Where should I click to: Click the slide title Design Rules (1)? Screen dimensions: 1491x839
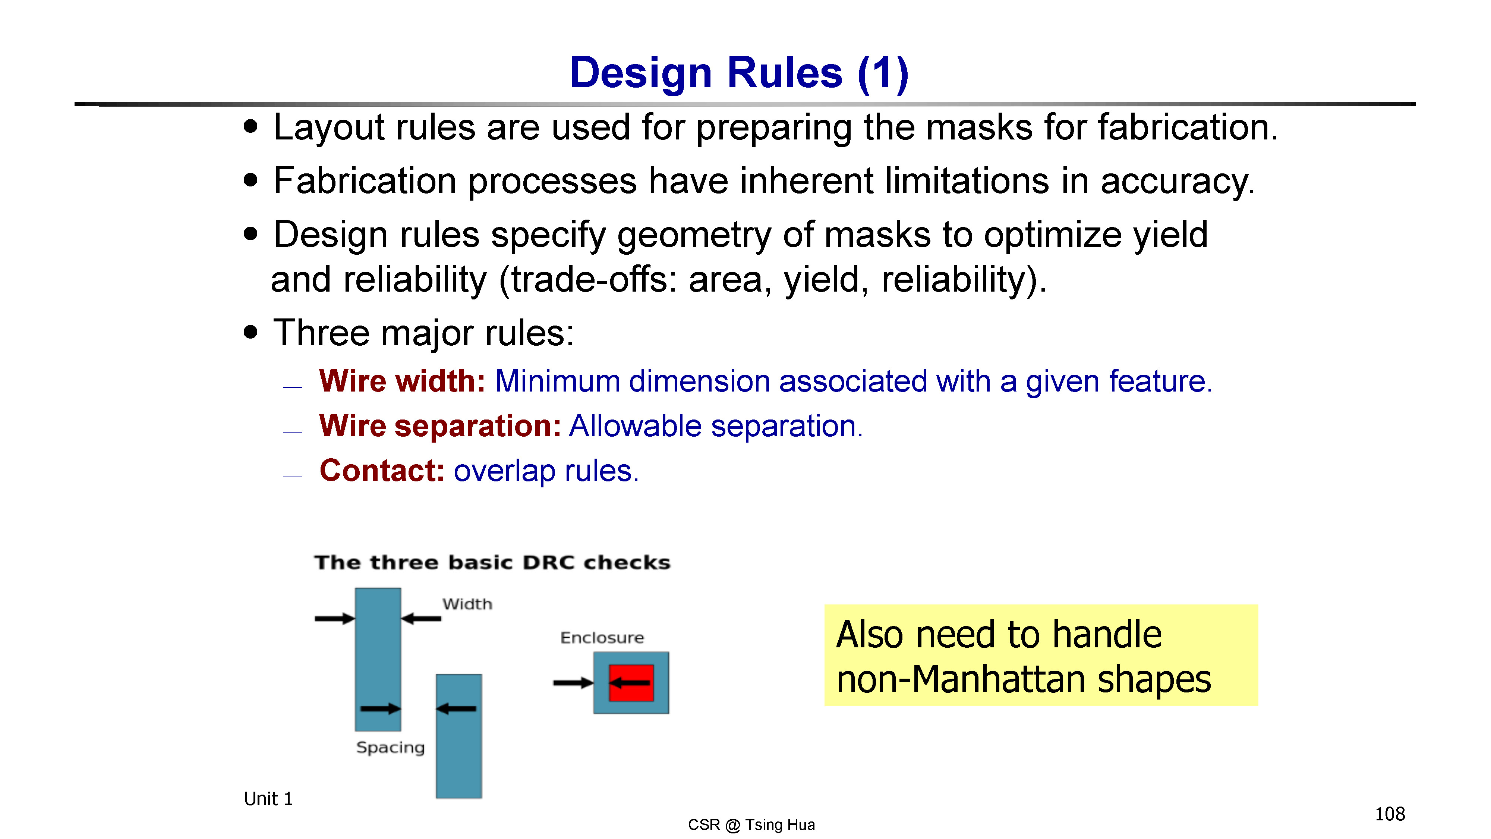pyautogui.click(x=739, y=73)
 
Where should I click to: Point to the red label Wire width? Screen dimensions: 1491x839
pyautogui.click(x=402, y=381)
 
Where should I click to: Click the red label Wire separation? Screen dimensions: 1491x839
pyautogui.click(x=440, y=426)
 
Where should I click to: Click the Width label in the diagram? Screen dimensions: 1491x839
pyautogui.click(x=467, y=604)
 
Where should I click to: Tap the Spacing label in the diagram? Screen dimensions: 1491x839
pyautogui.click(x=390, y=748)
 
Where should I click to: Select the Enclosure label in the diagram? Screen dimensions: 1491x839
pyautogui.click(x=602, y=638)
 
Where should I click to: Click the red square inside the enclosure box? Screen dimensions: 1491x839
pyautogui.click(x=631, y=683)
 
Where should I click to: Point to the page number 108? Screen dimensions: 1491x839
pyautogui.click(x=1390, y=814)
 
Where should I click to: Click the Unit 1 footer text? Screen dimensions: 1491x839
pyautogui.click(x=268, y=799)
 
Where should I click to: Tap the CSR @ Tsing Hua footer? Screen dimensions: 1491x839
pyautogui.click(x=751, y=824)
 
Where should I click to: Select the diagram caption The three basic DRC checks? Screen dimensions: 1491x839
pyautogui.click(x=492, y=562)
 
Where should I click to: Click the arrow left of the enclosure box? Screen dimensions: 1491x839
pyautogui.click(x=573, y=683)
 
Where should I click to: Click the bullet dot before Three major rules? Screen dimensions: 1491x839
pyautogui.click(x=250, y=333)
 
